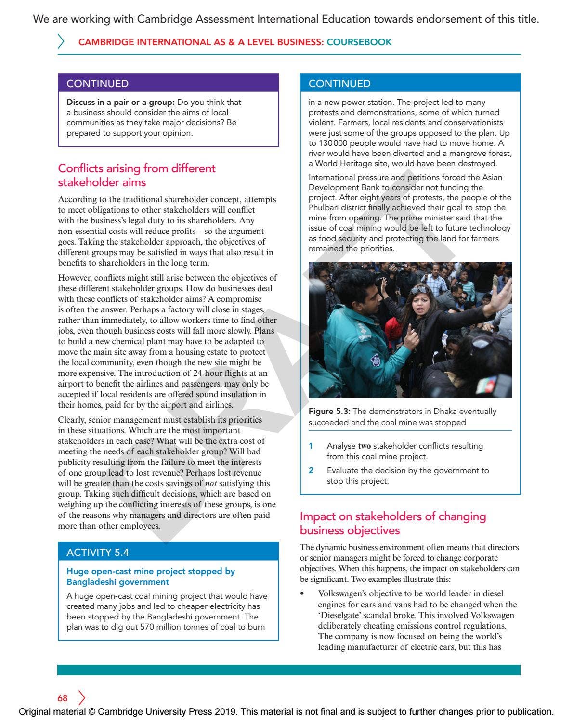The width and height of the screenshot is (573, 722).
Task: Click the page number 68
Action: tap(63, 698)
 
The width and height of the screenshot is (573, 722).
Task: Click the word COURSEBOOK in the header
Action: tap(359, 42)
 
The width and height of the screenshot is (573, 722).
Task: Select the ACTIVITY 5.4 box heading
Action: tap(98, 552)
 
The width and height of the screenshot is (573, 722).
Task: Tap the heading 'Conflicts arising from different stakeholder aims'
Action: tap(137, 175)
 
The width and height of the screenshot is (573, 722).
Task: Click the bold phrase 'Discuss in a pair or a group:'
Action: tap(120, 102)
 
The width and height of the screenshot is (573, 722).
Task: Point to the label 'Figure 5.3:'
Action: tap(329, 411)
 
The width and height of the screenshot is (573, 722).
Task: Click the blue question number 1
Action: tap(311, 446)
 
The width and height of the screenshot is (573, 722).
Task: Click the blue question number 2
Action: tap(311, 470)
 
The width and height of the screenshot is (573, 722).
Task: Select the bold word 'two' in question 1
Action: tap(364, 446)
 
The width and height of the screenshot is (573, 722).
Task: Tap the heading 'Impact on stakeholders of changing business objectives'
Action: tap(392, 523)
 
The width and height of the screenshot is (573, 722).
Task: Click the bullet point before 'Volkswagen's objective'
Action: tap(302, 594)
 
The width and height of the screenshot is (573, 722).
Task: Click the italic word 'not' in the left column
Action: tap(211, 483)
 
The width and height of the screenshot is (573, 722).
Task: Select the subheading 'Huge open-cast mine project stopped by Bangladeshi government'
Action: tap(150, 577)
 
